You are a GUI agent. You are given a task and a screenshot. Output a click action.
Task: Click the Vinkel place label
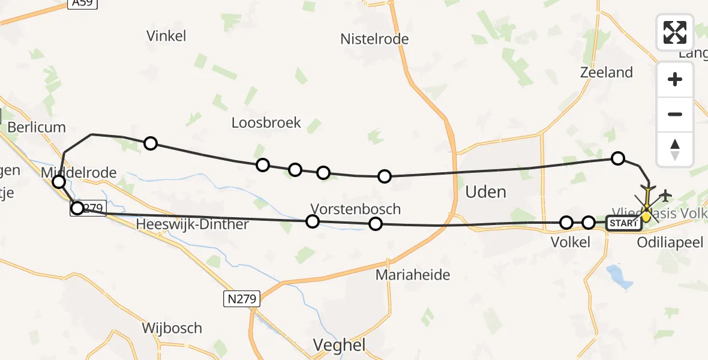click(x=166, y=36)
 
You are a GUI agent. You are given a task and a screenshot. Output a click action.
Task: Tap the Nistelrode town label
click(x=374, y=39)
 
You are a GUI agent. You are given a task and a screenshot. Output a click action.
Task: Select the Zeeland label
click(x=606, y=73)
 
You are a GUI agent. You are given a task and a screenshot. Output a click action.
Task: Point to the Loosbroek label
click(x=266, y=123)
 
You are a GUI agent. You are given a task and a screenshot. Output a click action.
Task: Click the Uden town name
click(x=485, y=192)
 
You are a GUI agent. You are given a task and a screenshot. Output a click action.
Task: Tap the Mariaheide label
click(x=412, y=275)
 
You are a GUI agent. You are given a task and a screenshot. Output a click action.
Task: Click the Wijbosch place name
click(x=172, y=328)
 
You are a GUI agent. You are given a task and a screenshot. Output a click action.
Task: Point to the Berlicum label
click(x=36, y=127)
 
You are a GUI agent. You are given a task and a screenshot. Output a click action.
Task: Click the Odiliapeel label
click(x=667, y=243)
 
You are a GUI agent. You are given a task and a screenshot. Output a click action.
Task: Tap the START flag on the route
click(x=623, y=224)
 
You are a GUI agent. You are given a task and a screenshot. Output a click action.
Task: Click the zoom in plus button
click(x=675, y=80)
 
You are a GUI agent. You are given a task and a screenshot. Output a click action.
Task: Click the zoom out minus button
click(x=675, y=114)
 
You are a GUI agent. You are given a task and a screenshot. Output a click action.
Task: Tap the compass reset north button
click(x=675, y=149)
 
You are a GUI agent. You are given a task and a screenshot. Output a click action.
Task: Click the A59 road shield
click(x=83, y=3)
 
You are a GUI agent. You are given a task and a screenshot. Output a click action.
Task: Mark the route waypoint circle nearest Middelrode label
click(x=59, y=182)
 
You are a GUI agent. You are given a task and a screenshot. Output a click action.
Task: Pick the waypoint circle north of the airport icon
click(x=618, y=158)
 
